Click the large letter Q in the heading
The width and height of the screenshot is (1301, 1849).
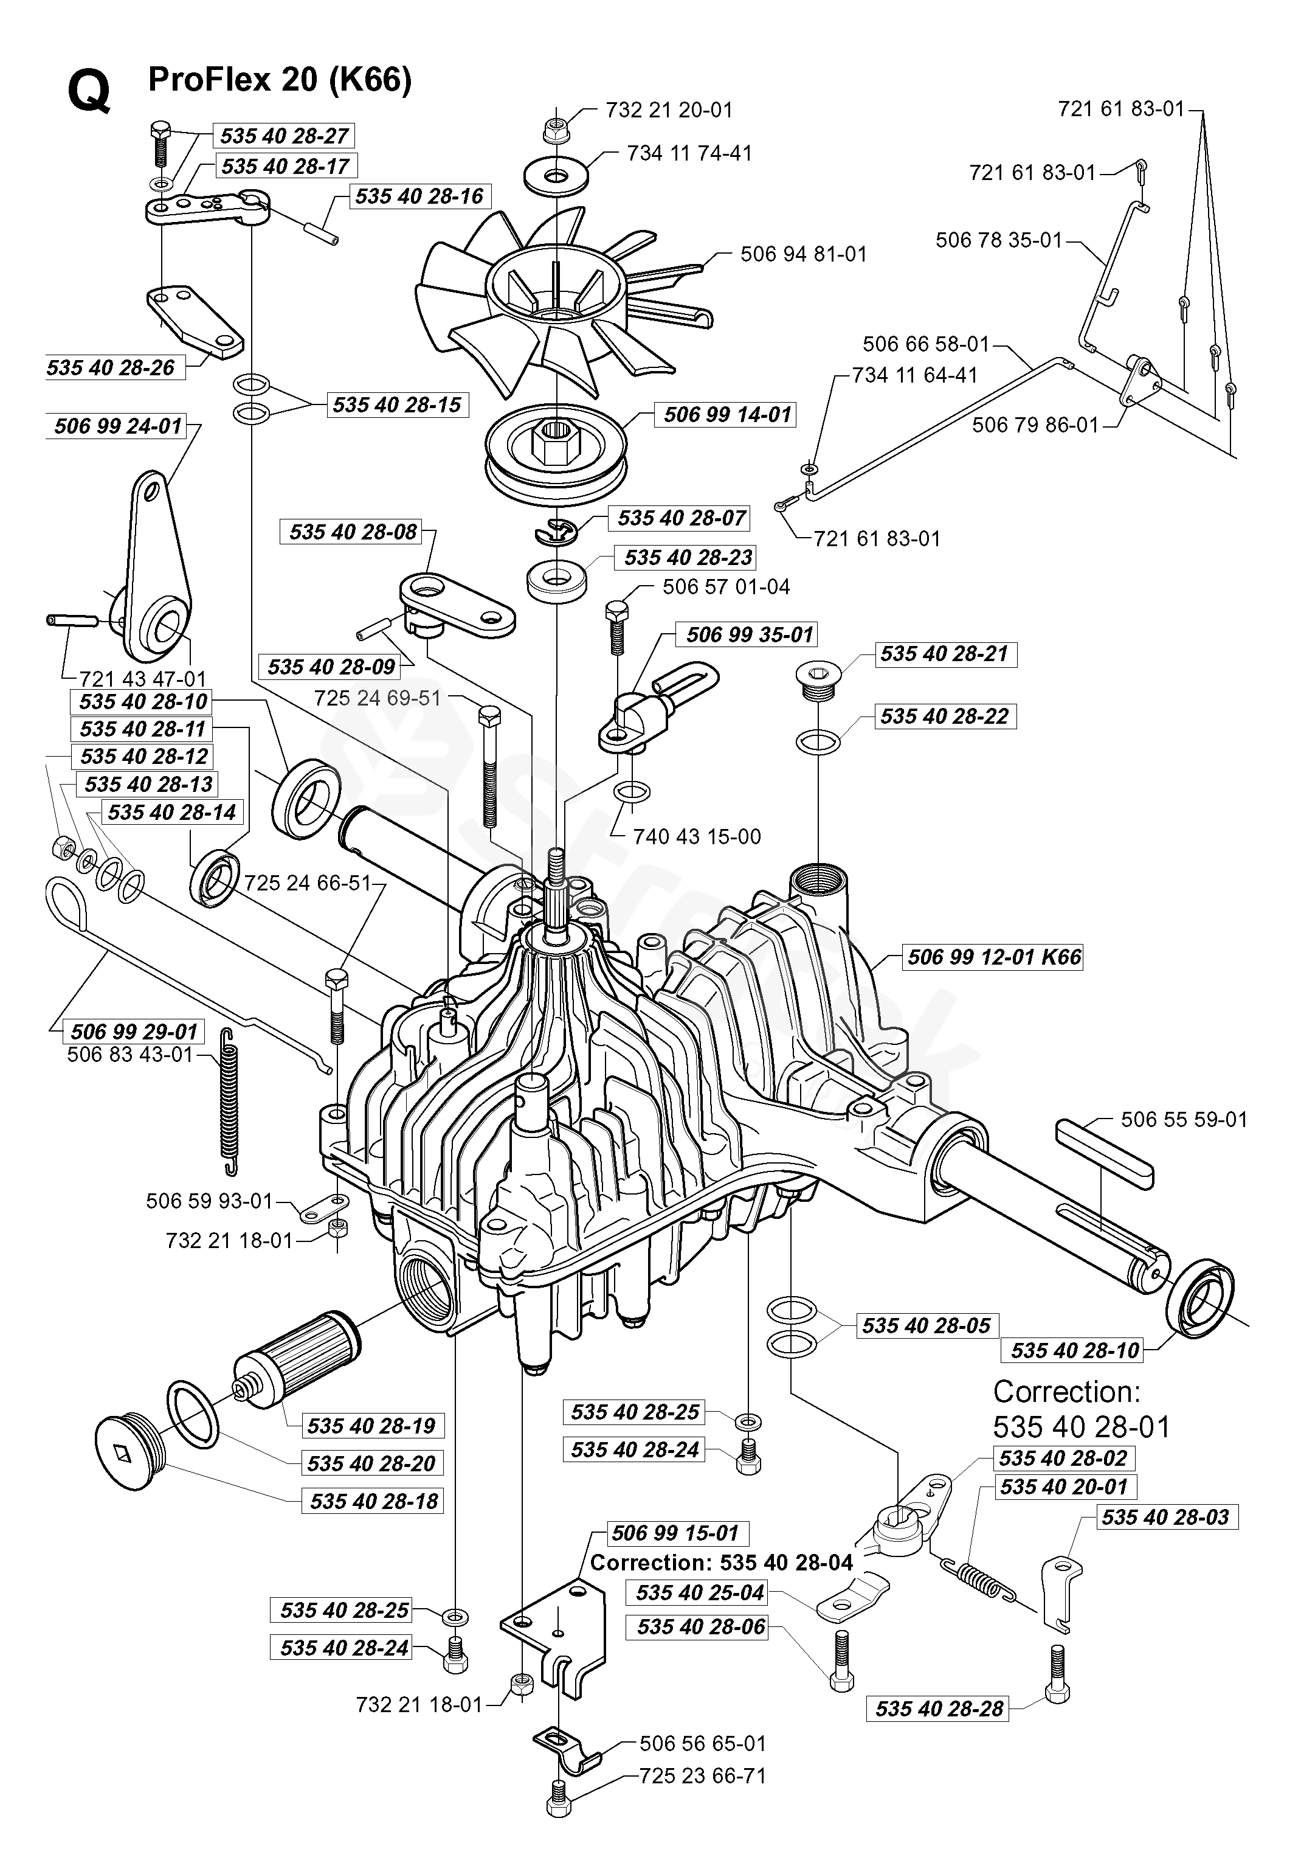point(89,92)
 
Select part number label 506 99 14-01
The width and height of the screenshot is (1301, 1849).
point(728,415)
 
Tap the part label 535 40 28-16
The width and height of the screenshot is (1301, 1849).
point(419,196)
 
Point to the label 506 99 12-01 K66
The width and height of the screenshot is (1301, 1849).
point(994,957)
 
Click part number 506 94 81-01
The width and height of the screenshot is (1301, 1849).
point(804,254)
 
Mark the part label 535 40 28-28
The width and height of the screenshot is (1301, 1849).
point(939,1709)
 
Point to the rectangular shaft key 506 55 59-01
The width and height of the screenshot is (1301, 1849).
point(1105,1153)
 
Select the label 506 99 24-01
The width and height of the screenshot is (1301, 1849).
point(119,426)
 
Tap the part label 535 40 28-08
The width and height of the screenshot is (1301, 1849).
point(353,532)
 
